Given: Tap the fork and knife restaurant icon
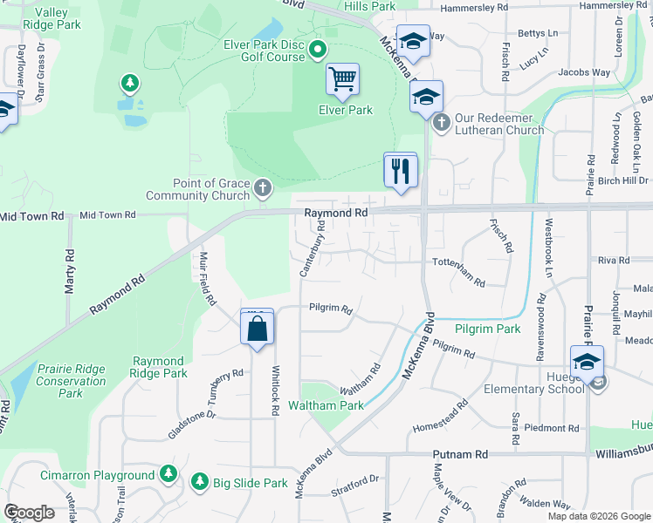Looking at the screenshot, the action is pos(401,169).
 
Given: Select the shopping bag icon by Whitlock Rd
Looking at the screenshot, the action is pos(257,329).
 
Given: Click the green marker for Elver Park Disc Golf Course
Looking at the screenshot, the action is pos(318,50).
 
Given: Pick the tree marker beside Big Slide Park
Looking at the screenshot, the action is pos(200,481).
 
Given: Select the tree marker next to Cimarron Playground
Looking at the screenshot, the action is pos(168,475).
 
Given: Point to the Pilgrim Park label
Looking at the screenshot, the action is pos(487,329).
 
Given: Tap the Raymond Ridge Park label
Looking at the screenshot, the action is pos(159,367).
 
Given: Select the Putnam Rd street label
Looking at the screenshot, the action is pos(460,455).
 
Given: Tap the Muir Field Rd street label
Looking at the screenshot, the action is pos(207,278).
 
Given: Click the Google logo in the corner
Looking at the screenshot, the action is pos(29,513).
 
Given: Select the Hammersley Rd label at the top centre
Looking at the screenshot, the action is pos(474,7).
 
